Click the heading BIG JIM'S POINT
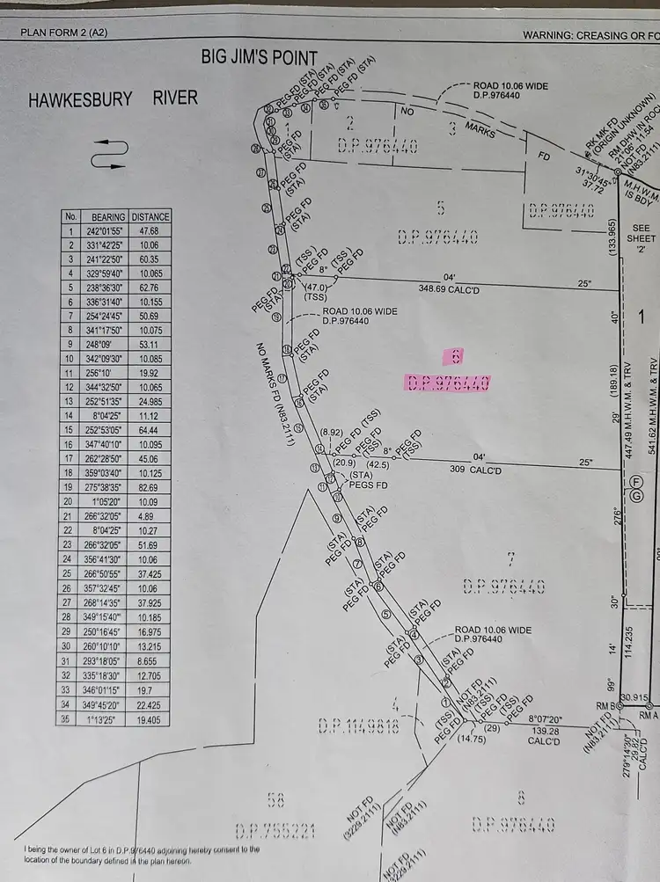[x=260, y=59]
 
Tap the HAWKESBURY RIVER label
[x=114, y=97]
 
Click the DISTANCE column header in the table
[x=150, y=216]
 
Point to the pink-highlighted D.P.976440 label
[x=447, y=382]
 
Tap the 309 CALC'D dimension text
[x=475, y=470]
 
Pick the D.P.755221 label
[x=276, y=830]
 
